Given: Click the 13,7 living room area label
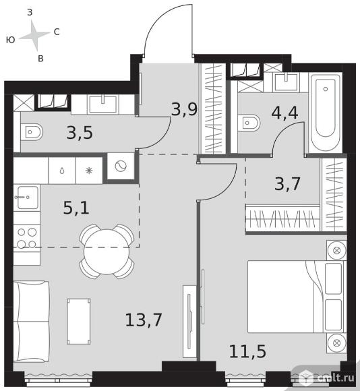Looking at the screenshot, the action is [144, 320].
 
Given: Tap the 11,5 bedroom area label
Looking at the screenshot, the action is [247, 351].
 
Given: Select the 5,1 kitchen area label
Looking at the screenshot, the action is [76, 208].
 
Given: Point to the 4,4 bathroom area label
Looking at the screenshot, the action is [284, 113].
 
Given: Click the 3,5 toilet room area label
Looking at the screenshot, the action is [80, 132].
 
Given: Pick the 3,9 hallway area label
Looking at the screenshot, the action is [185, 109].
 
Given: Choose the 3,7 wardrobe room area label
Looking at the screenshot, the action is [287, 184].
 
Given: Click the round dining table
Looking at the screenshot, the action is [107, 251].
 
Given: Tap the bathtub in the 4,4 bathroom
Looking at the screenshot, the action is [326, 113].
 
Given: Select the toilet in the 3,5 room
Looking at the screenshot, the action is [32, 132].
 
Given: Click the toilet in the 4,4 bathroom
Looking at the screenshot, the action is [249, 123].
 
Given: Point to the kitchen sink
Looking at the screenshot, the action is [28, 198].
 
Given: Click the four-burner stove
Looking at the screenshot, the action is [27, 238].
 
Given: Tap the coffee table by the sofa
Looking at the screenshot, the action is [79, 322].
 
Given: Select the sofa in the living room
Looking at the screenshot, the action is [31, 322].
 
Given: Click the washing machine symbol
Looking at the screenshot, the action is [121, 166].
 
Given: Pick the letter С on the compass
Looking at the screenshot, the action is [57, 32].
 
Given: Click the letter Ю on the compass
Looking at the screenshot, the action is [10, 40].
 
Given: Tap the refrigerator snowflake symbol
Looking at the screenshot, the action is [89, 171].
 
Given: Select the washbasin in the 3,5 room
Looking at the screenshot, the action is [103, 104].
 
